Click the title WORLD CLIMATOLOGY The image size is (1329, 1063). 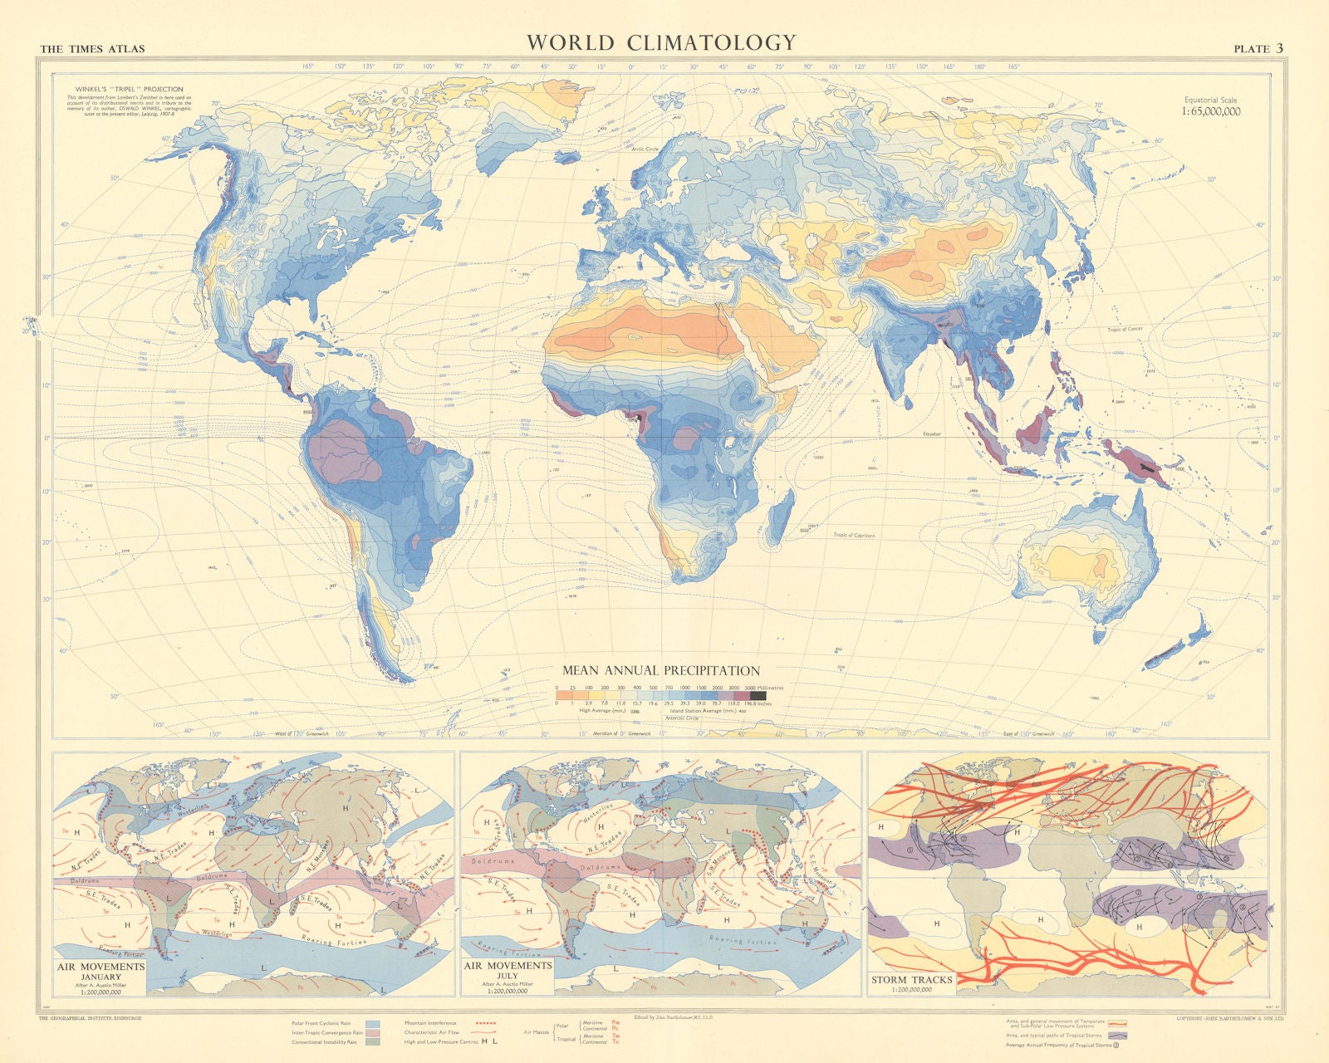[x=661, y=42]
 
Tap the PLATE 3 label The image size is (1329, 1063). [x=1258, y=48]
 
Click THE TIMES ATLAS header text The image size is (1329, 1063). [x=92, y=49]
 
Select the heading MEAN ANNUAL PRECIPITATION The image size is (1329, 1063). [x=661, y=670]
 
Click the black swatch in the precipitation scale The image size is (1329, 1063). [x=758, y=695]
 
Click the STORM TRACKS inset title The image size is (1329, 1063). [x=911, y=980]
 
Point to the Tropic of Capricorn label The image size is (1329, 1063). [x=855, y=536]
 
